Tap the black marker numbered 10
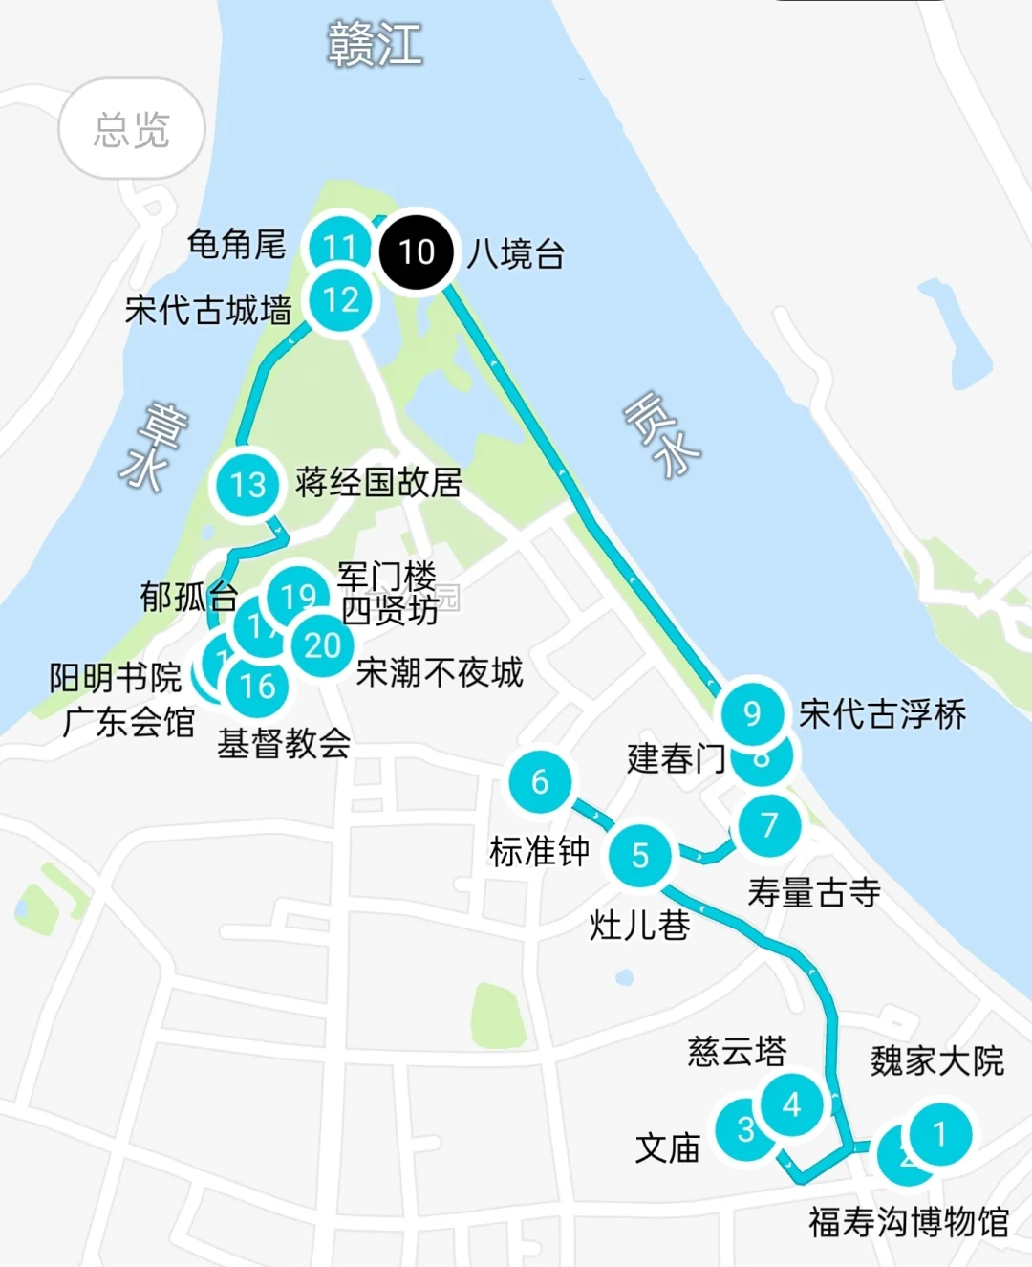[x=417, y=251]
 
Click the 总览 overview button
[x=132, y=129]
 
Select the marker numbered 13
[x=247, y=484]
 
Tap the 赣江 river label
[x=375, y=44]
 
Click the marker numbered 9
[x=752, y=712]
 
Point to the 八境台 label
[x=516, y=254]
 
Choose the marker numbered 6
[x=540, y=781]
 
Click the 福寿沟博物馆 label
[x=909, y=1222]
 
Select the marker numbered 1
[x=939, y=1133]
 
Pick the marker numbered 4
[x=791, y=1104]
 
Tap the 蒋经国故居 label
[x=378, y=482]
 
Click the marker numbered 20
[x=323, y=645]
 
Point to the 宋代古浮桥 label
[x=883, y=714]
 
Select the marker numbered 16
[x=257, y=686]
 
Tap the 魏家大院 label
[x=937, y=1060]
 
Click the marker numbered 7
[x=769, y=824]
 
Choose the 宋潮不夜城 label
[x=440, y=672]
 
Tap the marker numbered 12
[x=341, y=300]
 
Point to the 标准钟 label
[x=540, y=850]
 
